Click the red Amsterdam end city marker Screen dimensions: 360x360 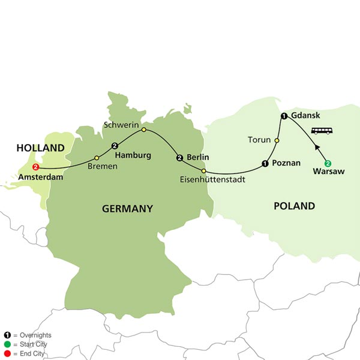click(35, 167)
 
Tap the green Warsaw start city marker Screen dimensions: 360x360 click(328, 163)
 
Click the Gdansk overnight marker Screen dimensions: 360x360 click(283, 116)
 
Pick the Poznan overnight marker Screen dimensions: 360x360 click(265, 163)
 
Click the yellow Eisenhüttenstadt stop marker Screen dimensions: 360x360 click(204, 171)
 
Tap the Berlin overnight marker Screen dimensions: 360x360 click(179, 158)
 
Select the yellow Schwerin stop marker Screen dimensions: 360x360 click(143, 129)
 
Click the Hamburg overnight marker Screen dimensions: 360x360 click(115, 145)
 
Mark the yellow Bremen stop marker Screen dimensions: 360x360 click(97, 158)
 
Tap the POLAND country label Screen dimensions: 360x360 click(294, 206)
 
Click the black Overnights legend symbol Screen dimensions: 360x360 click(7, 335)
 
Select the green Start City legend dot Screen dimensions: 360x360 click(7, 344)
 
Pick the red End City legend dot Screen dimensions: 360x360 click(7, 353)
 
